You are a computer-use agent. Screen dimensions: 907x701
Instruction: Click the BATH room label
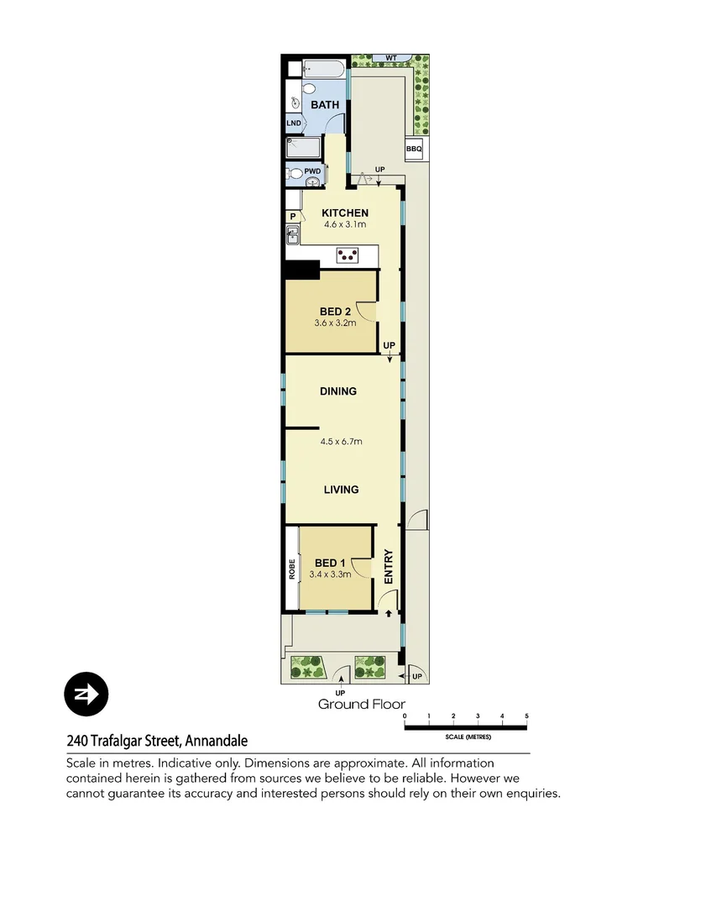[x=325, y=105]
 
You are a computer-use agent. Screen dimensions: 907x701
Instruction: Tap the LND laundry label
[x=293, y=123]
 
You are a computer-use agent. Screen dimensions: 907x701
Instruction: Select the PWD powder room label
[x=312, y=170]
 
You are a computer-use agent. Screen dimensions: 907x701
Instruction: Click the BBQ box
[x=414, y=149]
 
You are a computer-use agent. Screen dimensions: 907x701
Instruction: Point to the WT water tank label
[x=390, y=58]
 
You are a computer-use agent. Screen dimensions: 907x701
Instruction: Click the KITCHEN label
[x=345, y=213]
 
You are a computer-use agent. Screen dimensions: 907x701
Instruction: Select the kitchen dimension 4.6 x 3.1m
[x=345, y=225]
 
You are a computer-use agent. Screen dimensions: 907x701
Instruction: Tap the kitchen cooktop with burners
[x=348, y=253]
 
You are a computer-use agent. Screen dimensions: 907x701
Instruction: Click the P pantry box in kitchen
[x=293, y=217]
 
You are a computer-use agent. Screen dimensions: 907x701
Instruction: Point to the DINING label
[x=338, y=391]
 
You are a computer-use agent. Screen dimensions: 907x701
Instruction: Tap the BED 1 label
[x=330, y=564]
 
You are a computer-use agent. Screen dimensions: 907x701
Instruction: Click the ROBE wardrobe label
[x=292, y=569]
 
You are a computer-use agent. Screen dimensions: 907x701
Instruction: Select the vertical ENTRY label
[x=389, y=567]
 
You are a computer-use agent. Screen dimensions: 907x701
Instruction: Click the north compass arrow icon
[x=86, y=695]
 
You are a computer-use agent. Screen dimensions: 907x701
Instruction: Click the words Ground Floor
[x=361, y=705]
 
